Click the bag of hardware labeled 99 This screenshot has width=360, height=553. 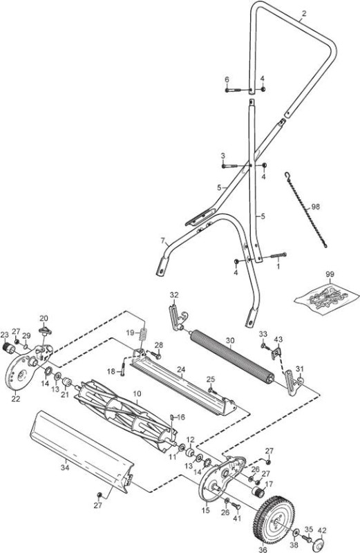tap(326, 297)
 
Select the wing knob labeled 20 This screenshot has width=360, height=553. tap(44, 330)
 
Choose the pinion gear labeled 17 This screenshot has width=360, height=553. tap(259, 491)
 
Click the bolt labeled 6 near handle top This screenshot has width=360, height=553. tap(234, 90)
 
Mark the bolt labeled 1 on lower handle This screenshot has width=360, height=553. tap(278, 255)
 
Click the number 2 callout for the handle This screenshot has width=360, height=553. tap(304, 13)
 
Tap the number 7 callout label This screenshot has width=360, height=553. tap(163, 241)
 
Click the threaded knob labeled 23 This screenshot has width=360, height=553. tap(8, 347)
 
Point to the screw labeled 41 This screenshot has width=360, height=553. tap(236, 507)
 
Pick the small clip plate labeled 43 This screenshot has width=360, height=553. tap(277, 352)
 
